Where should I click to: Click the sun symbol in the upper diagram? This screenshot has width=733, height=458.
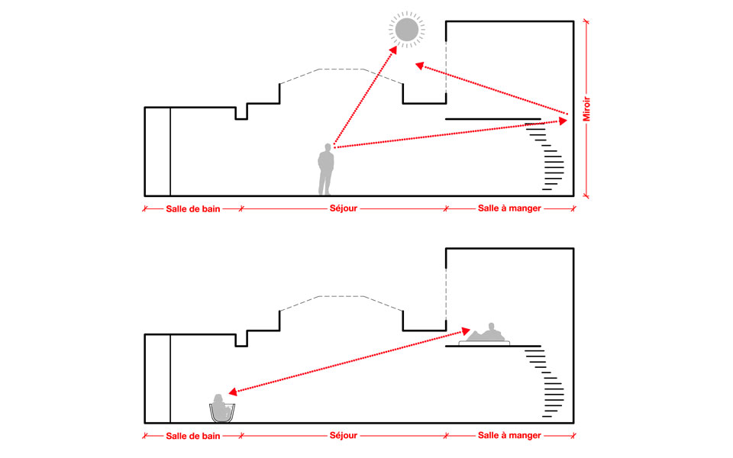coord(405,30)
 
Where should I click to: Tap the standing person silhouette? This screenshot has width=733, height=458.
coord(326,169)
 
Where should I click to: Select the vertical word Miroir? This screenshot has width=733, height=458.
coord(586,108)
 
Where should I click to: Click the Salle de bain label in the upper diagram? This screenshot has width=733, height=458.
coord(193,208)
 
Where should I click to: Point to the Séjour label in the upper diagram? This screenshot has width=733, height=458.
coord(343,208)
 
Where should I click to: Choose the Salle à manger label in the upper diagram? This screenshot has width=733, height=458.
coord(509,208)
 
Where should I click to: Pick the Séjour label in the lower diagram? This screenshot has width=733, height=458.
coord(343,435)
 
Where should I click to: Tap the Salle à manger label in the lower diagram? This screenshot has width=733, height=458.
coord(509,435)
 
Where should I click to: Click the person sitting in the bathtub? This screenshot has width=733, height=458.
coord(222,408)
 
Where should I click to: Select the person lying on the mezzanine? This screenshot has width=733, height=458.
coord(486,334)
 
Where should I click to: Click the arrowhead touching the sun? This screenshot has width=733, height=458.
coord(395,48)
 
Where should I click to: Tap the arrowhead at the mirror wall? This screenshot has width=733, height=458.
coord(564,118)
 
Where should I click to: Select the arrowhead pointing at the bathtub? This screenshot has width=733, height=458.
coord(232,392)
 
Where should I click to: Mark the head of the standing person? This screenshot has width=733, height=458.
coord(327,147)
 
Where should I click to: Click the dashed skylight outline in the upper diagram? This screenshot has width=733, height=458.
coord(341,69)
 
